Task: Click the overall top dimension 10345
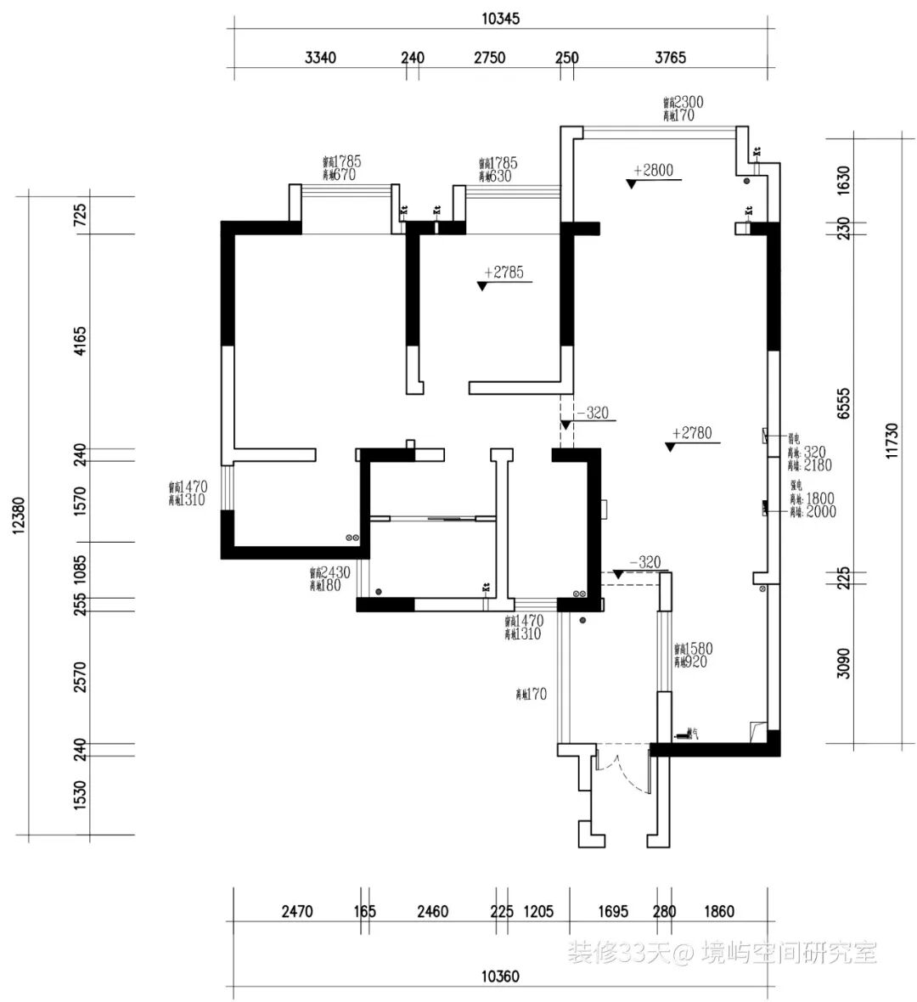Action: (501, 19)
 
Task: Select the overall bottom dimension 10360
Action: (500, 977)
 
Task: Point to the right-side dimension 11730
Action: (891, 442)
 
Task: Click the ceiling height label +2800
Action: (653, 170)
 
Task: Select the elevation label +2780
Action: (692, 433)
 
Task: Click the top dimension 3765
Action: (670, 58)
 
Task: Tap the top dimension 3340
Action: (320, 58)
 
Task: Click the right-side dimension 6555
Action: (843, 403)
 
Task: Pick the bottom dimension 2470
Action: (297, 912)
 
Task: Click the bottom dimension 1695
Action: (613, 912)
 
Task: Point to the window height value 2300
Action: (689, 102)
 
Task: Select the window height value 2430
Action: (335, 573)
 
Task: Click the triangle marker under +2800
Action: (632, 183)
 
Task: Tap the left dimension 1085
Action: (81, 569)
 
